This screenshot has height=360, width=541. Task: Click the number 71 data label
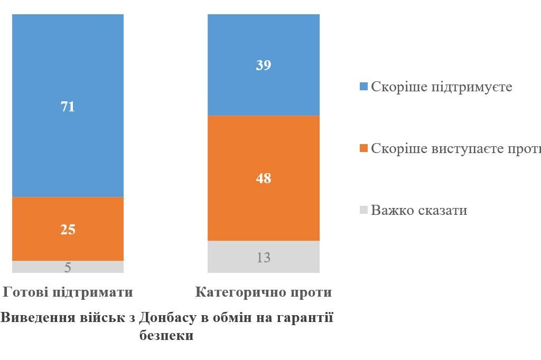click(68, 107)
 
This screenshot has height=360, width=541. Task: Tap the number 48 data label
click(263, 178)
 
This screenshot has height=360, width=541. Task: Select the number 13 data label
click(263, 258)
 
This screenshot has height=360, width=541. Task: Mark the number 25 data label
click(68, 230)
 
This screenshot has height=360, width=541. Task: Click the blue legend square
click(363, 87)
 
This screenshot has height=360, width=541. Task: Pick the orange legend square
click(363, 149)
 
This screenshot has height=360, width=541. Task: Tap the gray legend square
click(363, 211)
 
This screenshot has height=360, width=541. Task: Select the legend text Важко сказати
click(419, 210)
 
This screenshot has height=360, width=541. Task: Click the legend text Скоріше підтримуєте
click(442, 87)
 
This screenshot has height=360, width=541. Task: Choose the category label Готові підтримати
click(68, 292)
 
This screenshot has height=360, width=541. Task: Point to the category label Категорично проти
click(263, 292)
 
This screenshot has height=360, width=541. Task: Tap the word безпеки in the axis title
click(166, 336)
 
